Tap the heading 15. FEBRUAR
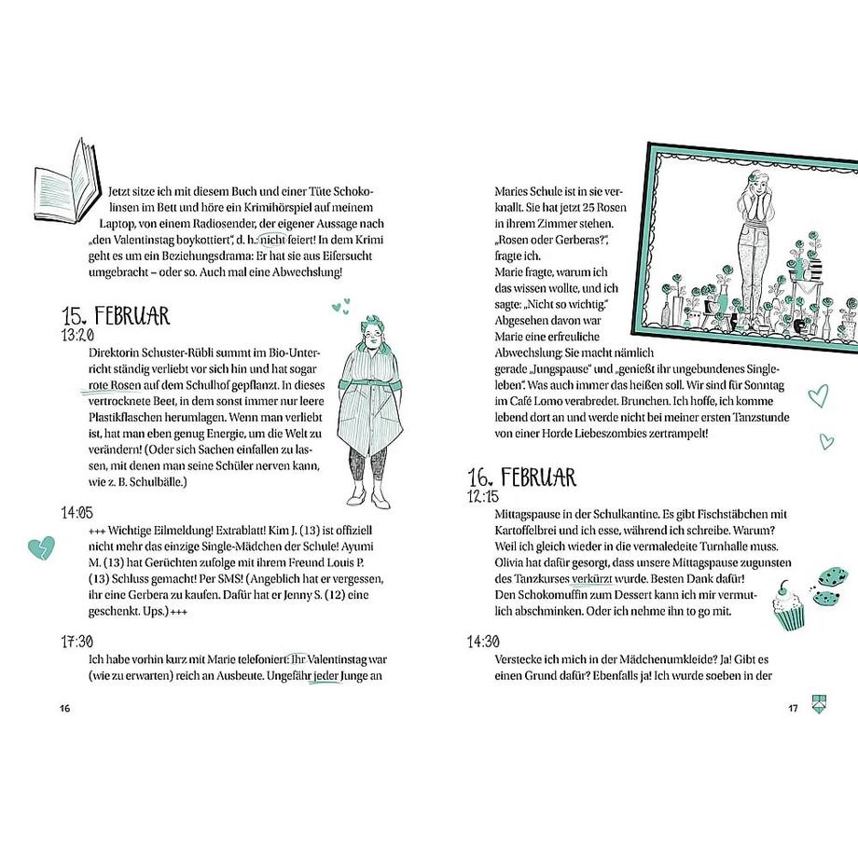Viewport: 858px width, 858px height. click(116, 315)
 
